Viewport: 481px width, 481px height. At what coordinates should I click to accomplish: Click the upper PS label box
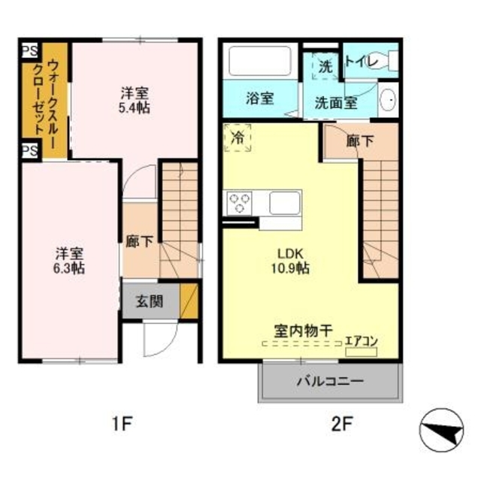point(30,51)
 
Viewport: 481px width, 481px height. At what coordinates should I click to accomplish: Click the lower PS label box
point(30,151)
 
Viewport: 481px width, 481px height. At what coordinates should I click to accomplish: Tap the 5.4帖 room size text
point(136,108)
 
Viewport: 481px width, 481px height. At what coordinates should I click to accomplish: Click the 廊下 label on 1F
point(140,242)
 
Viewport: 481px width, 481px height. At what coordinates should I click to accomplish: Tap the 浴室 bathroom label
point(260,98)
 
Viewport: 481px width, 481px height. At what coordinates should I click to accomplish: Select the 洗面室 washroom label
point(335,103)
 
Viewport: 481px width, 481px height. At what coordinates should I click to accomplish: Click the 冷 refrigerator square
point(238,138)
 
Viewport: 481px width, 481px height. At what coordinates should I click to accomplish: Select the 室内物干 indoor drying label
point(304,330)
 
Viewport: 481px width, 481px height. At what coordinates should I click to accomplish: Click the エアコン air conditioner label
point(361,340)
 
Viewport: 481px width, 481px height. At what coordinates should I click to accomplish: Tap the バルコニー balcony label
point(329,381)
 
